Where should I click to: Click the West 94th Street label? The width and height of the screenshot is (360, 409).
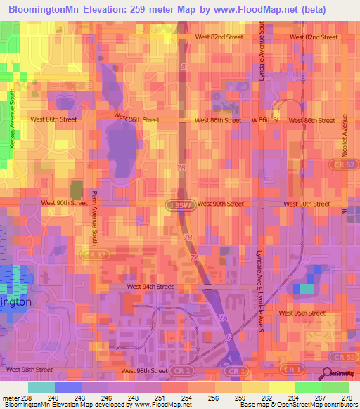coord(150,287)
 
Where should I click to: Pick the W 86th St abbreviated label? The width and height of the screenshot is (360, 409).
coord(265,120)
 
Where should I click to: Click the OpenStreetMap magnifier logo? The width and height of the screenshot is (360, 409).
coord(328,374)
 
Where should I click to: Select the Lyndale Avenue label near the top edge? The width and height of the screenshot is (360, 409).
coord(262,60)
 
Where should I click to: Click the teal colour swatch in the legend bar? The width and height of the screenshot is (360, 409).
coord(41,387)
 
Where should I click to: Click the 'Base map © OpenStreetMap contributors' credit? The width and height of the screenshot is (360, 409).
coord(297,405)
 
